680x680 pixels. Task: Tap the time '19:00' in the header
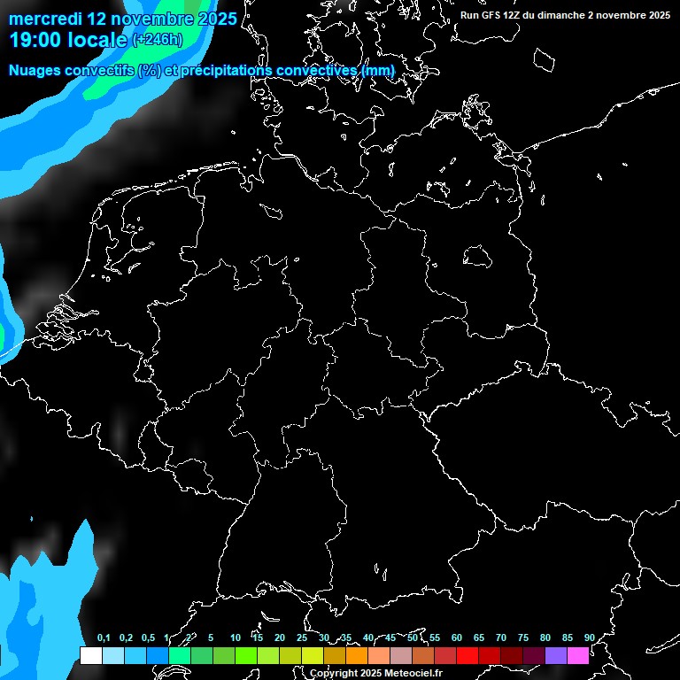[x=38, y=40]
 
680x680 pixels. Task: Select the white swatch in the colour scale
[x=90, y=655]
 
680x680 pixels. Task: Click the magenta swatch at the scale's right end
[x=578, y=655]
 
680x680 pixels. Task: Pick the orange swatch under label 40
[x=357, y=655]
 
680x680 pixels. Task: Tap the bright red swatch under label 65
[x=467, y=655]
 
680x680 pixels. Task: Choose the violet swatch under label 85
[x=556, y=655]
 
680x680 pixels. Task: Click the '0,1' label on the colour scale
[x=104, y=637]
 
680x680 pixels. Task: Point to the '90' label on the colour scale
[x=589, y=637]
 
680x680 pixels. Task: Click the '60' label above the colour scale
[x=456, y=637]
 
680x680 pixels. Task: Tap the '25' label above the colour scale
[x=301, y=637]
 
